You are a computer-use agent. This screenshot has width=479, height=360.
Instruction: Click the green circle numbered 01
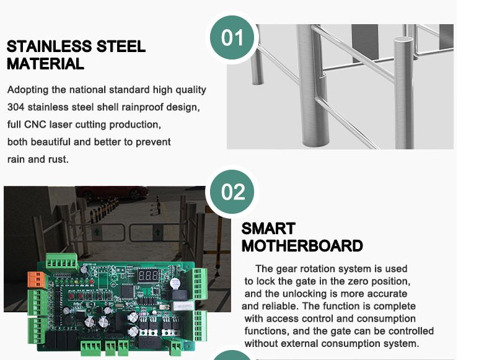coord(232,38)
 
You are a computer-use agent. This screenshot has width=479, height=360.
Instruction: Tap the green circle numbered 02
coord(232,191)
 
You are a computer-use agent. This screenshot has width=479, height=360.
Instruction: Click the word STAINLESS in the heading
coord(49,46)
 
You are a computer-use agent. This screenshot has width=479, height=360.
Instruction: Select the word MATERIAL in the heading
coord(45,64)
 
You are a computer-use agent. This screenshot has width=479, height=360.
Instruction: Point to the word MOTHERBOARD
coord(302,246)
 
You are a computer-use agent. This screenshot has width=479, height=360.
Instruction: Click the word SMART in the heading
coord(268,229)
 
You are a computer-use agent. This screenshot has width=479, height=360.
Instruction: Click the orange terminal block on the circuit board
coord(37,279)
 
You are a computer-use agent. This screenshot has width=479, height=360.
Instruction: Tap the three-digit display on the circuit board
coord(149,276)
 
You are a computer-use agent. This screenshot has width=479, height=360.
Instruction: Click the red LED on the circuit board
coord(91,281)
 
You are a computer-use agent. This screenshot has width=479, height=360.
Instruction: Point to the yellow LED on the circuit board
coord(77,281)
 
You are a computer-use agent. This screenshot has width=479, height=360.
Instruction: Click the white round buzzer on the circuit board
coord(175,284)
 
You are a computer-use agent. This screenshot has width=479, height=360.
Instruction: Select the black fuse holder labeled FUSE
coord(150,343)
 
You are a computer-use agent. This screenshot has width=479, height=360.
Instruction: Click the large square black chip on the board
coord(128,291)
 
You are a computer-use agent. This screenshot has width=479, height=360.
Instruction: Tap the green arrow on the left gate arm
coord(97,232)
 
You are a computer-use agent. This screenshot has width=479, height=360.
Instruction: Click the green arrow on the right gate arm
coord(158,232)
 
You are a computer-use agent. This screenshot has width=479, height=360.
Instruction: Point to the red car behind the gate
coord(112,192)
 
